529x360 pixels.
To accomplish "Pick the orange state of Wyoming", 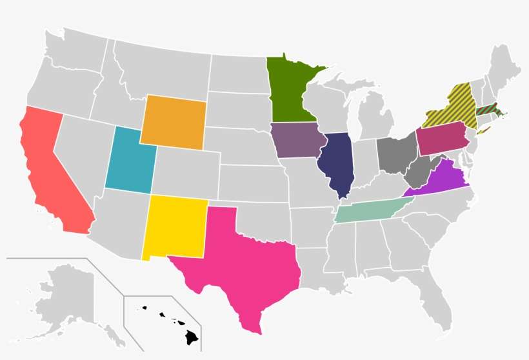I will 173,121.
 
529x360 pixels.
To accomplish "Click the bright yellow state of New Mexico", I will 175,226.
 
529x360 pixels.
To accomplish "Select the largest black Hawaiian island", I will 192,336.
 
